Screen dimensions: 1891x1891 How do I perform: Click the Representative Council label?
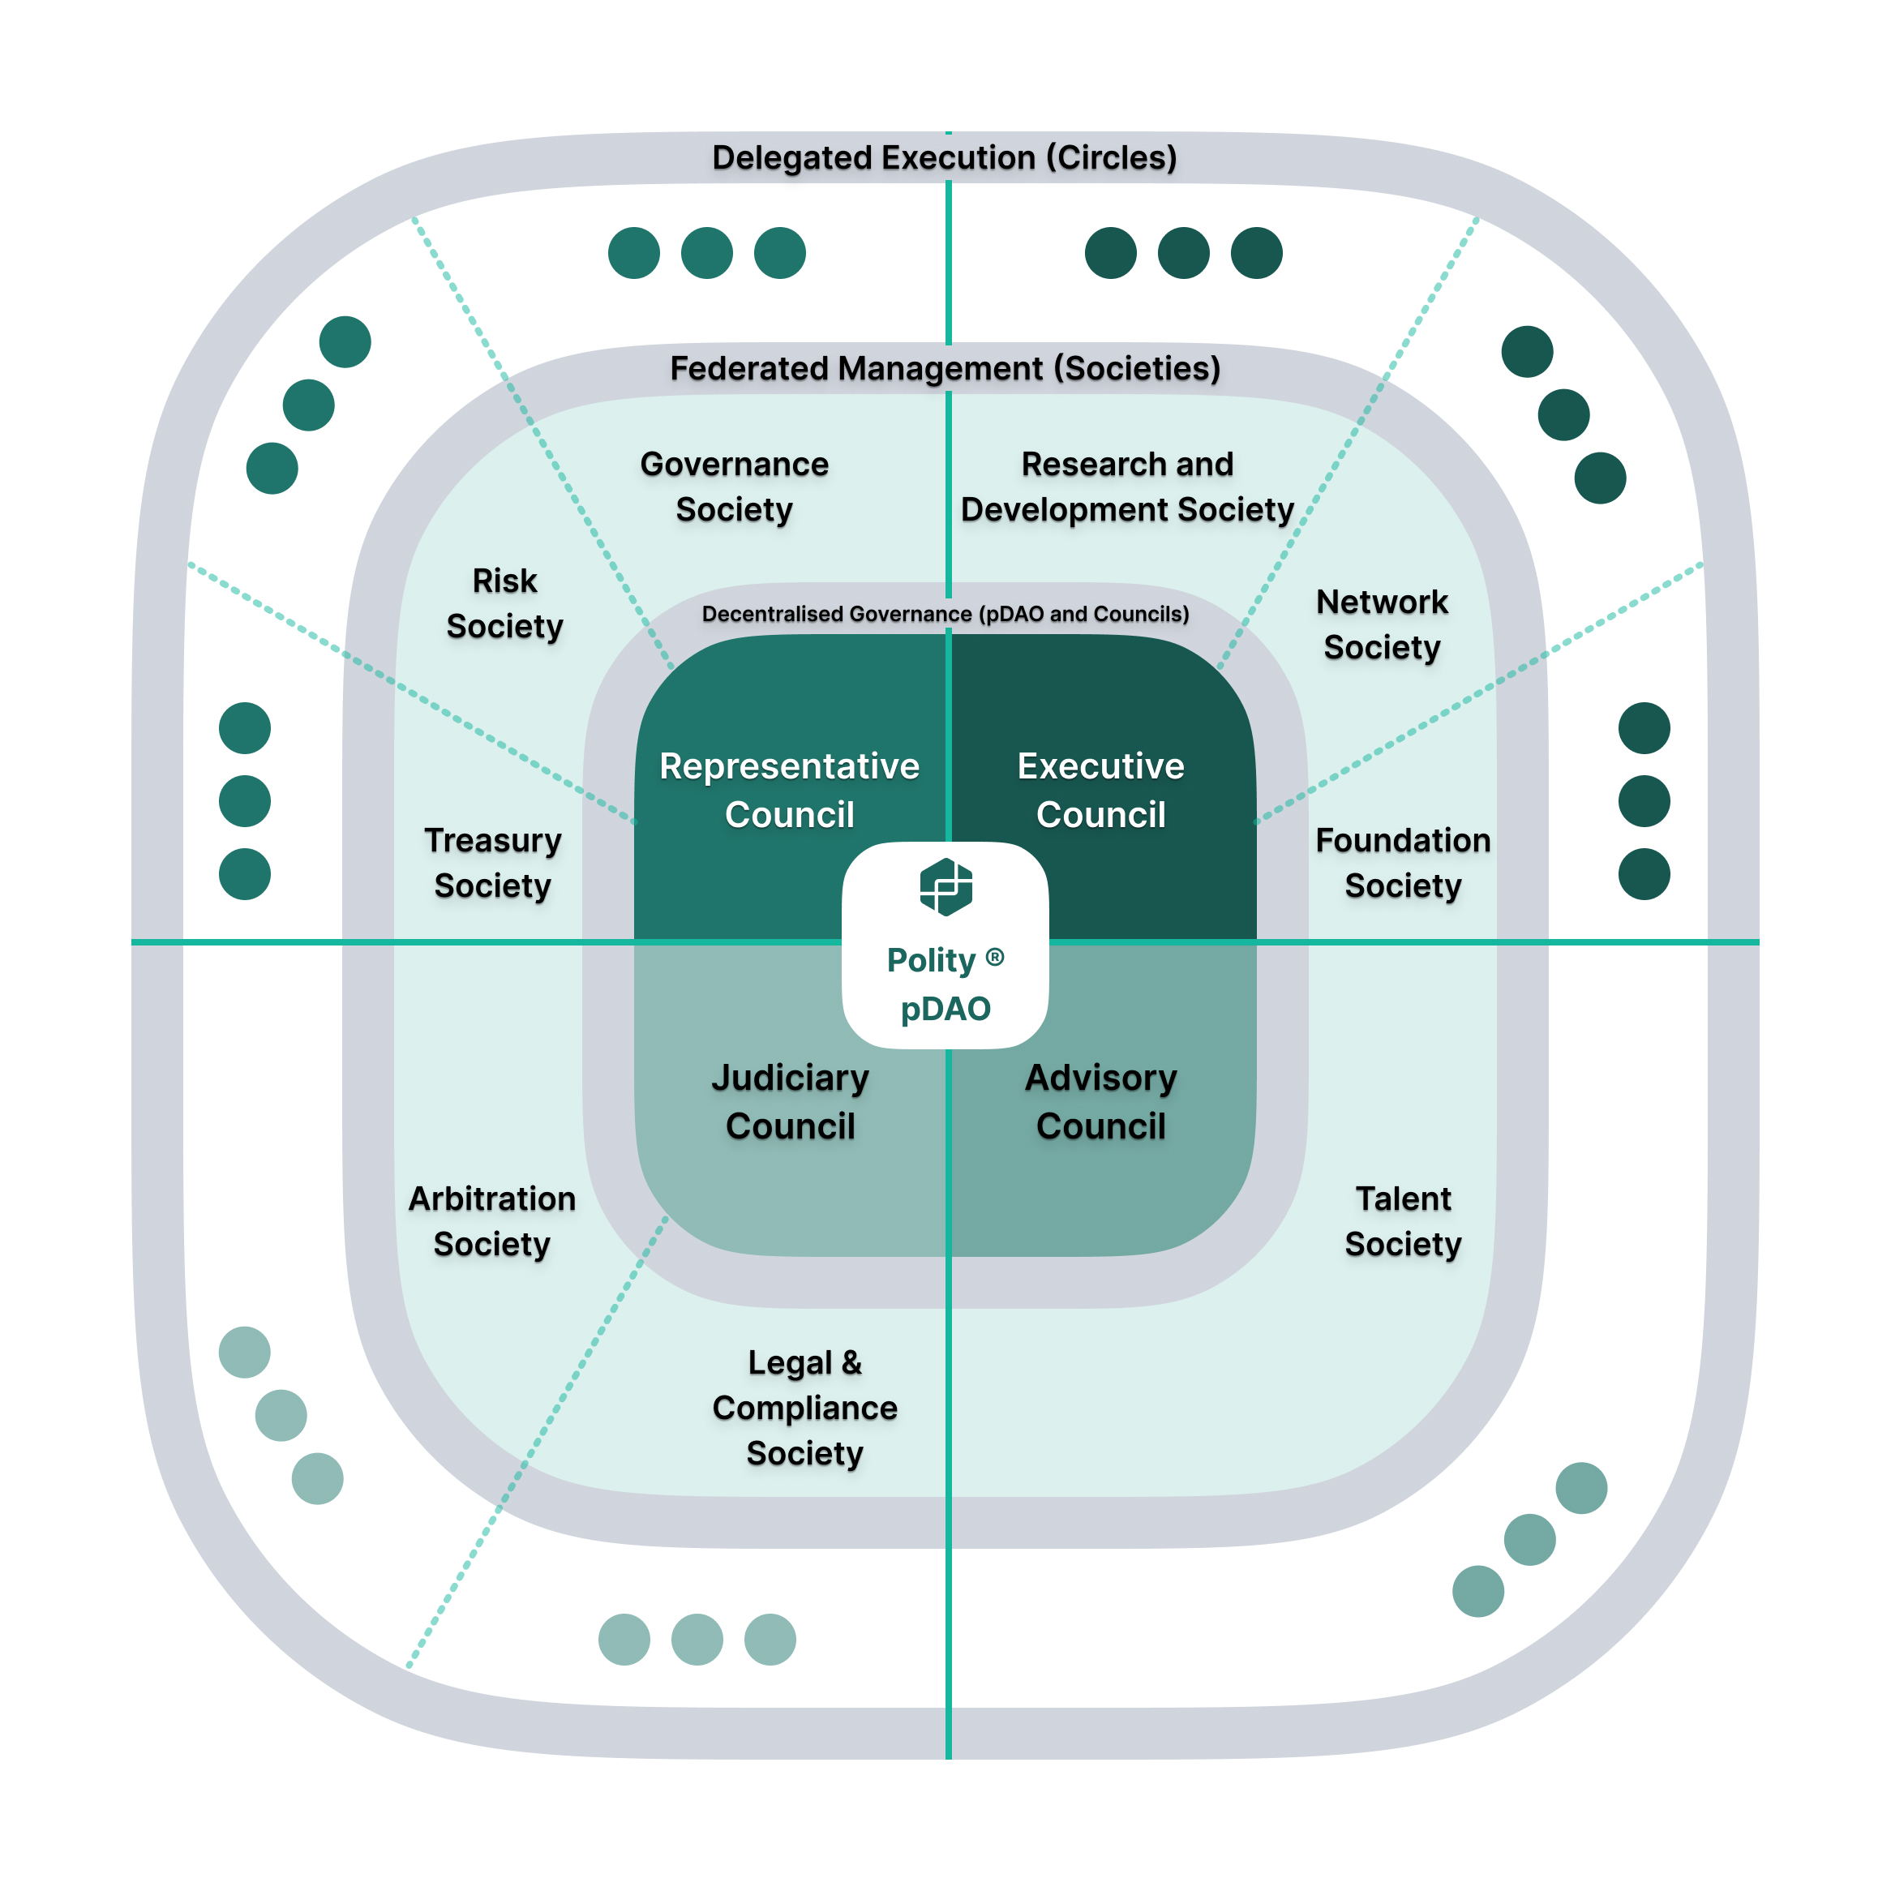(x=789, y=790)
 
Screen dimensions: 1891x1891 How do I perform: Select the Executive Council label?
(x=1100, y=790)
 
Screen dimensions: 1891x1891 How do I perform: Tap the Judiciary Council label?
(x=790, y=1101)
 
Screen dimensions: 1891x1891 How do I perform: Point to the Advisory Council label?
(x=1100, y=1101)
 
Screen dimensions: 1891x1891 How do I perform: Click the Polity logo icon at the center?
(x=945, y=887)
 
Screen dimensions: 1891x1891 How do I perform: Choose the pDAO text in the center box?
(x=945, y=1008)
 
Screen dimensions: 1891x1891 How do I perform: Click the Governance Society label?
(x=734, y=487)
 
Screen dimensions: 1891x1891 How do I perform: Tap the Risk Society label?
(x=505, y=603)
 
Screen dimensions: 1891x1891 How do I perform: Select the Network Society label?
(x=1382, y=624)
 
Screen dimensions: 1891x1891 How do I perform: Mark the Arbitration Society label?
(x=492, y=1220)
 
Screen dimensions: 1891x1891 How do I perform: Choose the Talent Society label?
(x=1403, y=1220)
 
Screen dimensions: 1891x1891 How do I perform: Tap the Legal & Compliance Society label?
(x=804, y=1408)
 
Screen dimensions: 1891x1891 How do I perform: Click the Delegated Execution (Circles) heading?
(x=945, y=157)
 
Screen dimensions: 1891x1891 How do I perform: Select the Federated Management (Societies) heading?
(x=945, y=368)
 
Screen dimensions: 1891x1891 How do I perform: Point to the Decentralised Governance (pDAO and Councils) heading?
(x=945, y=614)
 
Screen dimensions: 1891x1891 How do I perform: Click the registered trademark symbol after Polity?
(x=994, y=957)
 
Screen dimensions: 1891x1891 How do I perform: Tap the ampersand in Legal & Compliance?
(x=851, y=1361)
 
